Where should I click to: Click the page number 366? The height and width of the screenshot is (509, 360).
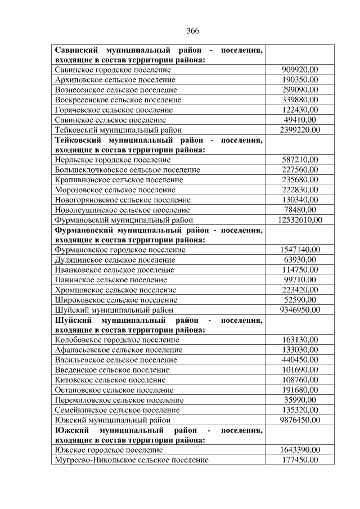click(192, 30)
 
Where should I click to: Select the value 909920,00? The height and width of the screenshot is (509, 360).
click(299, 69)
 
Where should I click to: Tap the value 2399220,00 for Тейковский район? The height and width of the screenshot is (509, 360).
click(299, 130)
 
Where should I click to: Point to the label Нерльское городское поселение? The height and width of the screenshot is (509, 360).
click(113, 160)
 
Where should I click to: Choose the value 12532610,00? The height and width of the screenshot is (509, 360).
click(299, 219)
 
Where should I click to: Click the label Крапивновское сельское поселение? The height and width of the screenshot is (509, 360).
click(119, 180)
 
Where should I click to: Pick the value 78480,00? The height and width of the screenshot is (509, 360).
click(299, 210)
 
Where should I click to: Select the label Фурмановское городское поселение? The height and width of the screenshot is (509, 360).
click(120, 250)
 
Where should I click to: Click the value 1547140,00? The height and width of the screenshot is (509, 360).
click(299, 250)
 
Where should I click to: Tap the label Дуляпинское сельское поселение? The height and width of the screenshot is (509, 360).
click(115, 260)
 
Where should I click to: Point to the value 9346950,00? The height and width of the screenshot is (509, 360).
click(299, 310)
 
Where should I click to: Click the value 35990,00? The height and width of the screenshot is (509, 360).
click(299, 400)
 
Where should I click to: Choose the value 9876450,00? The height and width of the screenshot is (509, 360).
click(299, 420)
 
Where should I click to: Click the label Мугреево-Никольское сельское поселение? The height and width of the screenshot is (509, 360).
click(132, 460)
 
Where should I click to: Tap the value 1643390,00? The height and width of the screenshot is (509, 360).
click(299, 450)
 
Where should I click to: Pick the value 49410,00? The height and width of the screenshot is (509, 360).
click(299, 120)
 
